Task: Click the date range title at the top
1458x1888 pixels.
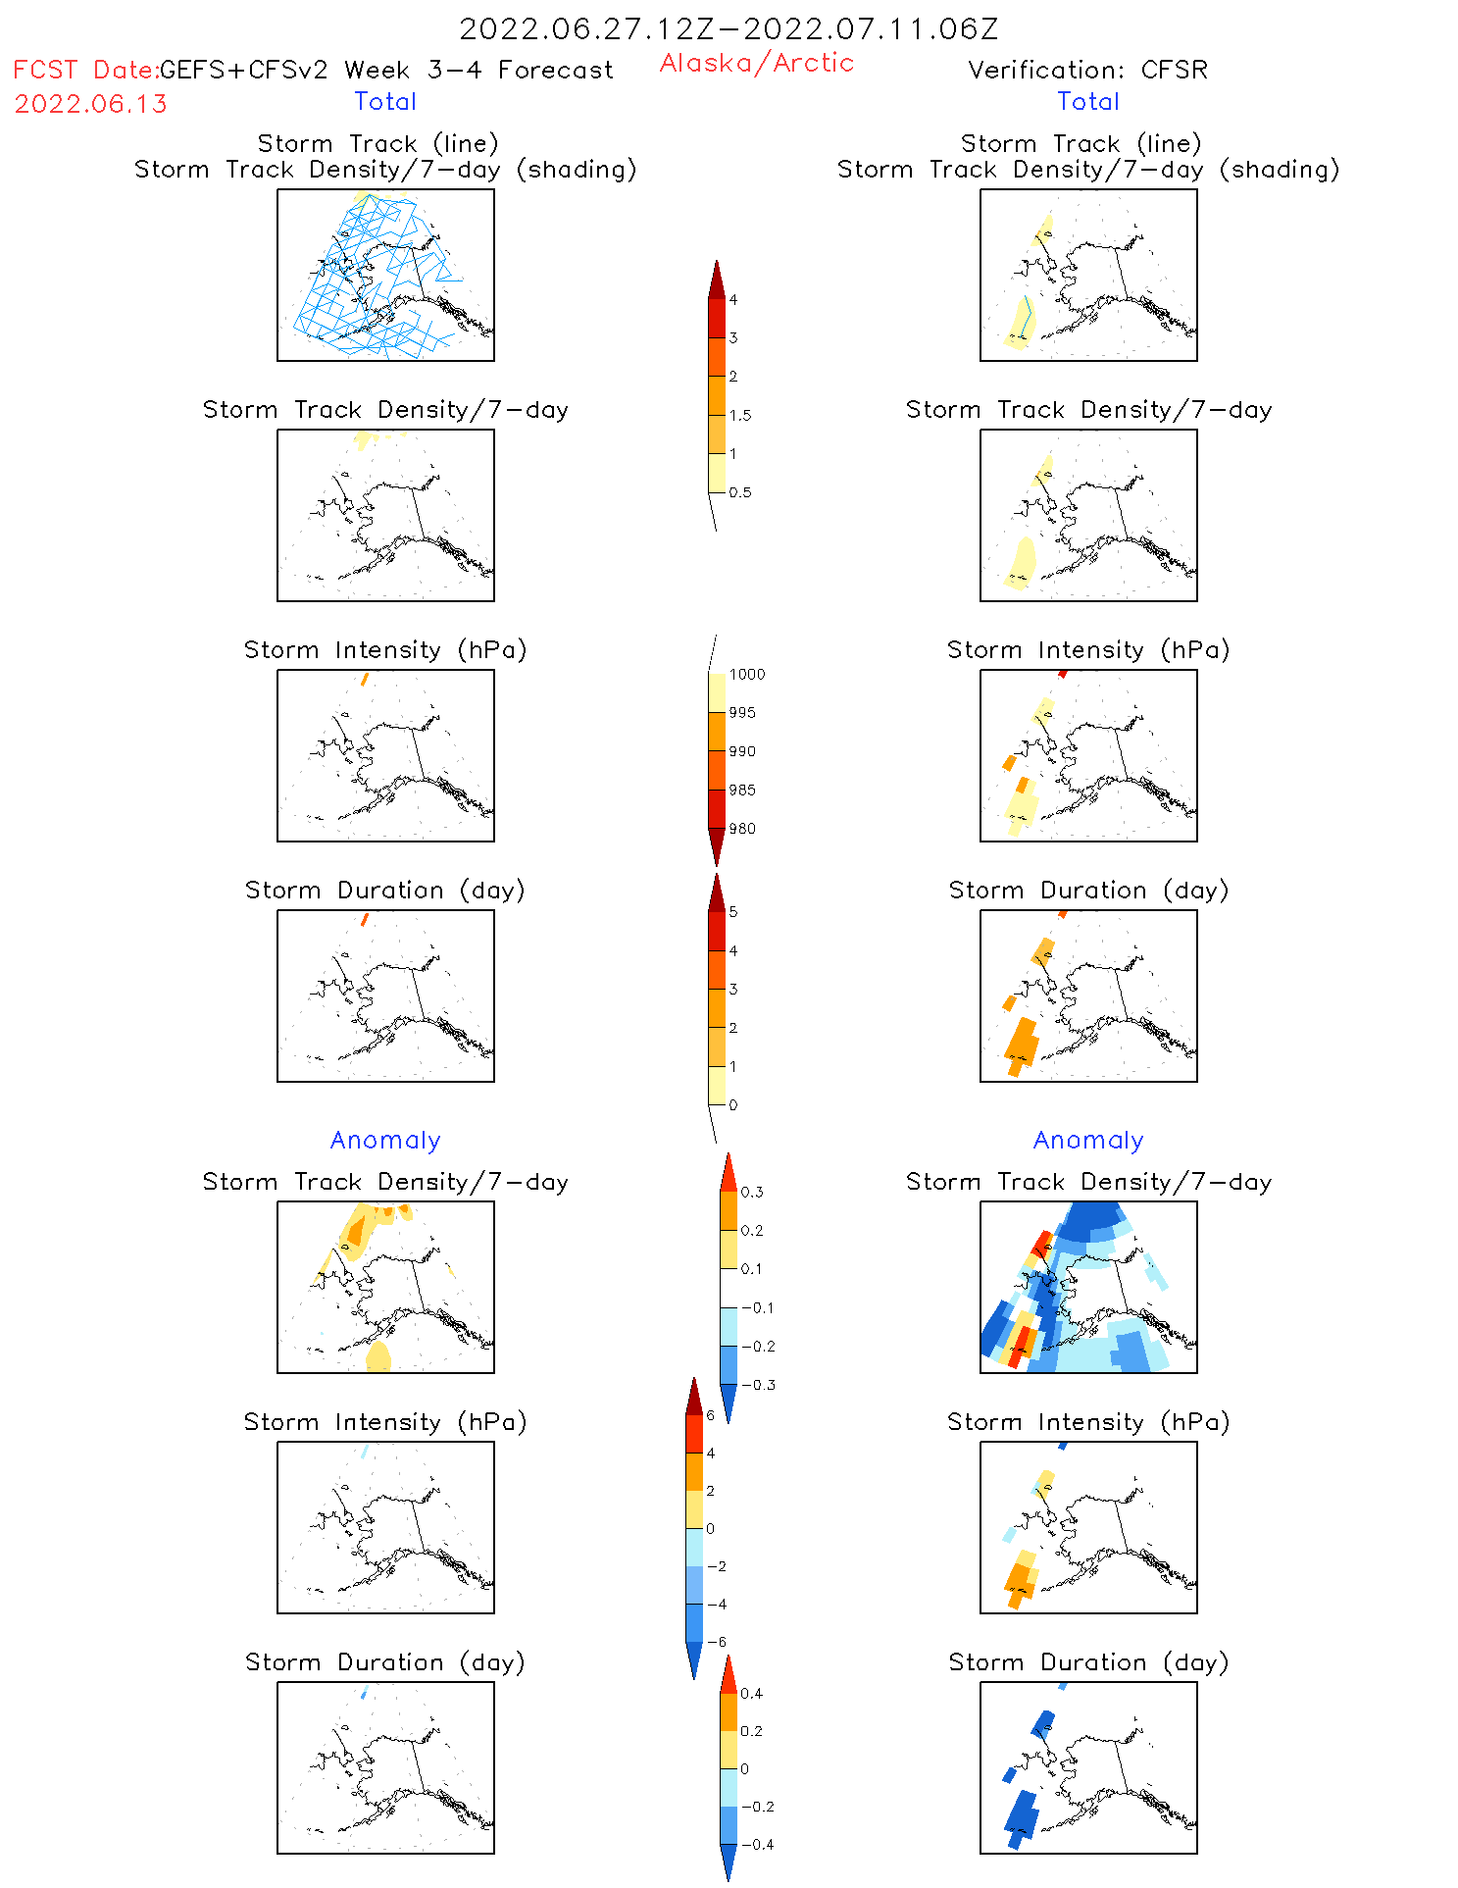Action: tap(729, 29)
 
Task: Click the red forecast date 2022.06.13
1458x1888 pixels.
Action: tap(90, 104)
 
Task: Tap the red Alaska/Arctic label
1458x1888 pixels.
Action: tap(756, 63)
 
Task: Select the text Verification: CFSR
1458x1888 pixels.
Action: tap(1087, 70)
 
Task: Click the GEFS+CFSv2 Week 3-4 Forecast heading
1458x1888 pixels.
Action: tap(386, 70)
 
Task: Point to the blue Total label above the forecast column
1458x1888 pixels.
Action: tap(385, 101)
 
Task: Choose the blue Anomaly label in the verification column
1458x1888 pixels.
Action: tap(1088, 1140)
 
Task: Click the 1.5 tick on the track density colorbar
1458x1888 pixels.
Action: tap(740, 415)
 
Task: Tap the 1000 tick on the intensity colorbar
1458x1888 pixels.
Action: tap(746, 674)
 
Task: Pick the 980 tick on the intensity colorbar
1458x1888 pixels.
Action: tap(742, 829)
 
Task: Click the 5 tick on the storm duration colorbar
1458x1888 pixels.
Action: tap(733, 912)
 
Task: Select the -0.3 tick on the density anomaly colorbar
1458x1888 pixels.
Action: tap(757, 1385)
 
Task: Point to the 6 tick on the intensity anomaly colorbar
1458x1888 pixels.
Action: tap(711, 1415)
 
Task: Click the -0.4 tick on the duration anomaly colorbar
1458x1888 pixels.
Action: tap(757, 1845)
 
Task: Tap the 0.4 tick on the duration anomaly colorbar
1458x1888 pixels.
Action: tap(752, 1694)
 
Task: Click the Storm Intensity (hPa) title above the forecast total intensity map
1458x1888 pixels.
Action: tap(385, 649)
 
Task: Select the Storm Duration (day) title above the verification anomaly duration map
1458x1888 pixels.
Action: tap(1088, 1662)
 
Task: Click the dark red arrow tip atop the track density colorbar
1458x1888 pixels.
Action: tap(717, 279)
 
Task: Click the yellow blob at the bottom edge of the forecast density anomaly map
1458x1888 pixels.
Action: tap(377, 1358)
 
